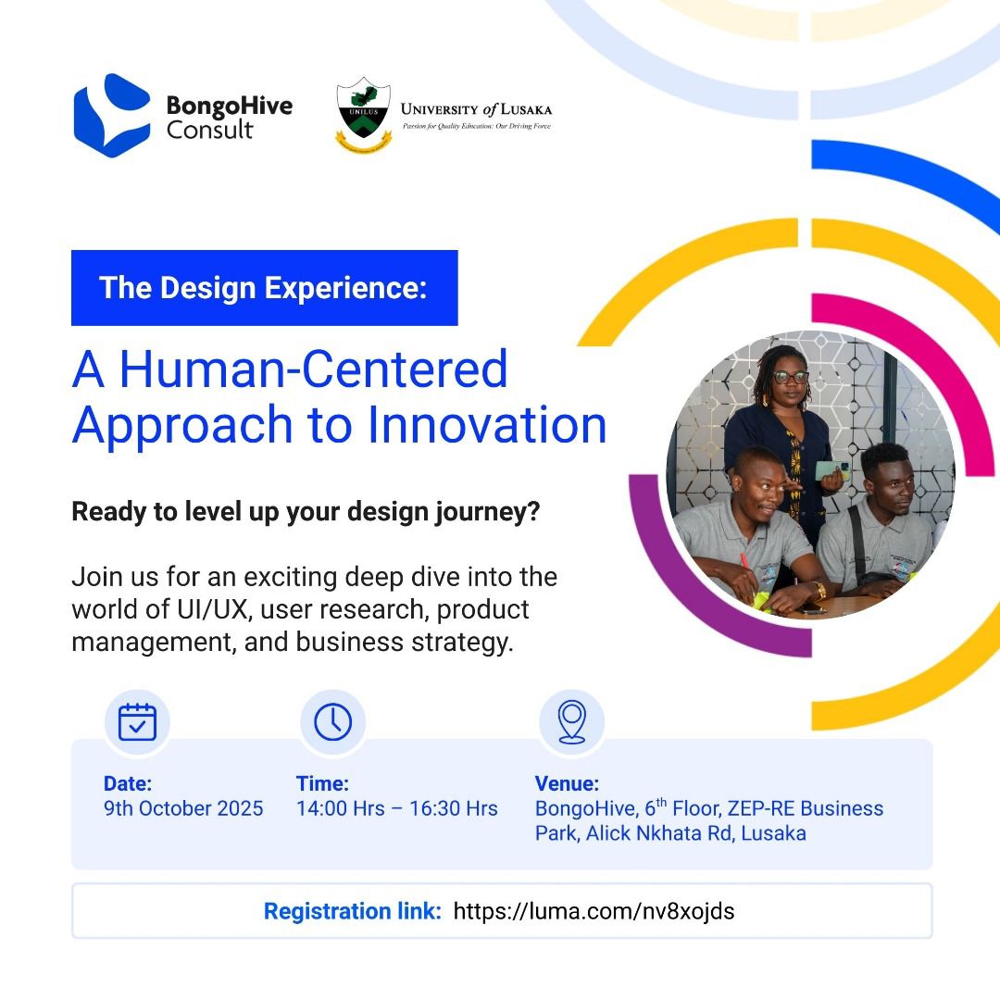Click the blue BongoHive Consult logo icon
point(112,116)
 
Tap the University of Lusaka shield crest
point(364,114)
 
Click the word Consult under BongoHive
point(210,131)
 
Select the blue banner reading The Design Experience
point(265,288)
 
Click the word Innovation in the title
point(487,425)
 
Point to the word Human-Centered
point(314,369)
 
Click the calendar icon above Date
point(137,722)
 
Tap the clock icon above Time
point(333,722)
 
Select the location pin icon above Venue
point(572,722)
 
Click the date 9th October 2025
point(183,808)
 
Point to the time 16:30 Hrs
point(454,808)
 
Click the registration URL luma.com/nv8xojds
point(594,911)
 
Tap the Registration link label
point(353,911)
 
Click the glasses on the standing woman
point(790,377)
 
